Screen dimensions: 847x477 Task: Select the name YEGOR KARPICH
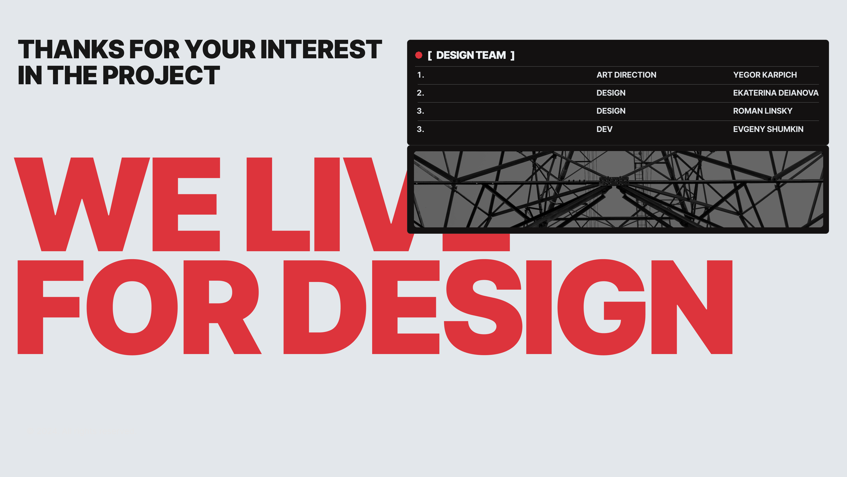click(765, 75)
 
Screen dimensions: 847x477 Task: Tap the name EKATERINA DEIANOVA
click(776, 93)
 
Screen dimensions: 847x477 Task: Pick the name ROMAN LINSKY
click(763, 111)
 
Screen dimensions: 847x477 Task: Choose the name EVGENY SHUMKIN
click(768, 129)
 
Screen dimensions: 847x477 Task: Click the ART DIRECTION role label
click(626, 75)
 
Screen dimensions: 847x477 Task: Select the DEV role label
click(604, 129)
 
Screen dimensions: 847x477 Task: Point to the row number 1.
click(421, 75)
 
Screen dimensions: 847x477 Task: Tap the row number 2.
click(421, 93)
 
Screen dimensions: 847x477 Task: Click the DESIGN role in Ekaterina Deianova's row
click(611, 93)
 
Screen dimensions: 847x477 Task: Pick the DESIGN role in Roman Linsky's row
click(611, 111)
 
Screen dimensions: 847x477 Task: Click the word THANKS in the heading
click(71, 49)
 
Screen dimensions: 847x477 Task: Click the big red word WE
click(117, 204)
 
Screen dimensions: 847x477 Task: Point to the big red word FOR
click(139, 307)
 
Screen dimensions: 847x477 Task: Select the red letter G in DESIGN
click(601, 307)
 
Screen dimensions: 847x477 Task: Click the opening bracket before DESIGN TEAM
click(429, 55)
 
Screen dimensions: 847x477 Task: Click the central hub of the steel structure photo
click(614, 181)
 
